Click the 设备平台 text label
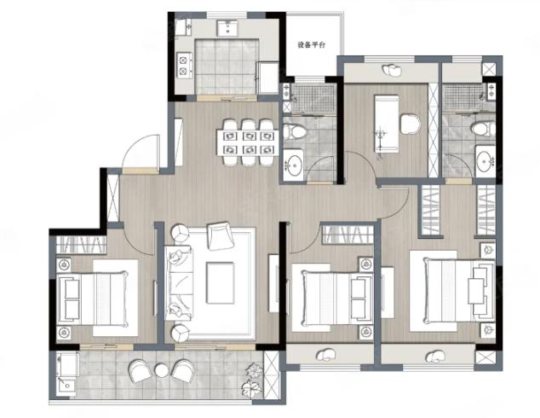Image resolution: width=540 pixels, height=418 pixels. [311, 45]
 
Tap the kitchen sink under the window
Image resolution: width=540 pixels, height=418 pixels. [227, 28]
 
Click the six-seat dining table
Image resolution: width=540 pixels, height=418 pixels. [247, 142]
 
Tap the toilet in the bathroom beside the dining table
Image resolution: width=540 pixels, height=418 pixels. [295, 131]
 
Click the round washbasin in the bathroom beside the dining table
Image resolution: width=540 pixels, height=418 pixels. [295, 165]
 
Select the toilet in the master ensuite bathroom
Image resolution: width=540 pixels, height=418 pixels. [484, 130]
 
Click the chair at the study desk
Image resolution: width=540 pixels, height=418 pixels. [411, 125]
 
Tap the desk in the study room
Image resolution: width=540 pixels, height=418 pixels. [387, 124]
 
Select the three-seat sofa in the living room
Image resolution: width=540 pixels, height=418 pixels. [178, 283]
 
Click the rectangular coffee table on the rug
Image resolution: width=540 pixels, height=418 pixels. [220, 283]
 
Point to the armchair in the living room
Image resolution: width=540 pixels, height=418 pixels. [220, 236]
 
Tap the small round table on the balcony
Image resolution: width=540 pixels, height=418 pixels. [161, 371]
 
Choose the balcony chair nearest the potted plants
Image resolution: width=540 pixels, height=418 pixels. [184, 370]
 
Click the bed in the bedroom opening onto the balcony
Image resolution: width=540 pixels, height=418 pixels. [93, 299]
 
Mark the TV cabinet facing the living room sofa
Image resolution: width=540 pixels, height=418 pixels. [273, 283]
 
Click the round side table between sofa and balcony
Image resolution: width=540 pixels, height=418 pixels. [181, 333]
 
